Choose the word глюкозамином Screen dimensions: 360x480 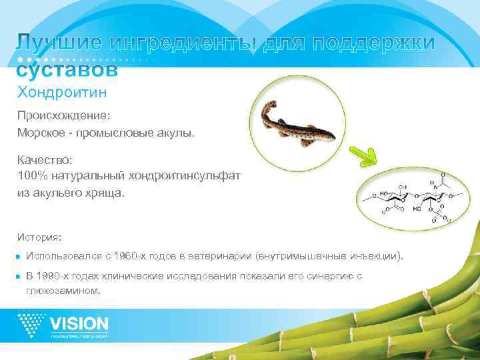pyautogui.click(x=63, y=291)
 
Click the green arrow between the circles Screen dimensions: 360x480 pyautogui.click(x=368, y=153)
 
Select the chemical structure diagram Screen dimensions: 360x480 pyautogui.click(x=411, y=196)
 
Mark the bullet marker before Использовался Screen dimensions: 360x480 pyautogui.click(x=21, y=257)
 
